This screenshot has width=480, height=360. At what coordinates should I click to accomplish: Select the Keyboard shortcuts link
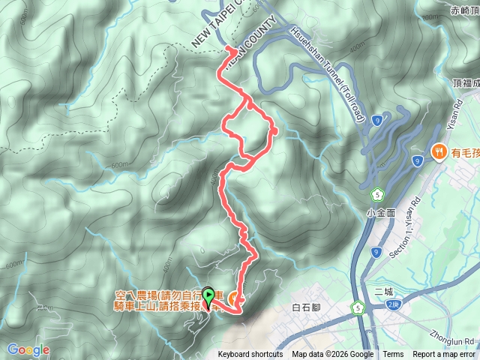tap(250, 355)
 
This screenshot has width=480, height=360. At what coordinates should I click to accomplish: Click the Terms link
tap(393, 355)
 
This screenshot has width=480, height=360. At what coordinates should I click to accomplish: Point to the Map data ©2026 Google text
tap(333, 355)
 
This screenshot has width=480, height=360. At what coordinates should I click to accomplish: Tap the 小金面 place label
tap(380, 213)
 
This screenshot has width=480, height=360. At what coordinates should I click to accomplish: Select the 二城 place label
tap(383, 291)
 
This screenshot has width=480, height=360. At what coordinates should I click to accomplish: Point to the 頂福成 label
tap(465, 83)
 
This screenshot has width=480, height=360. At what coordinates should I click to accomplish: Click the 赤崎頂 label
tap(465, 10)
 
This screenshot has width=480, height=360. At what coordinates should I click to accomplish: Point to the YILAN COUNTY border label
tap(248, 49)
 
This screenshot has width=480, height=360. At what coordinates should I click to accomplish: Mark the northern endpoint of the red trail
tap(227, 48)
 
